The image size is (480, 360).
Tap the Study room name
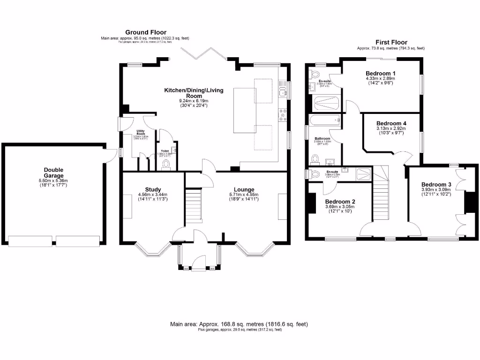pyautogui.click(x=152, y=189)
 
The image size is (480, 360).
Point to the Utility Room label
pyautogui.click(x=140, y=133)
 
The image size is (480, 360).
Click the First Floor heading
pyautogui.click(x=391, y=42)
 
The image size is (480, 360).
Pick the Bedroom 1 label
pyautogui.click(x=380, y=73)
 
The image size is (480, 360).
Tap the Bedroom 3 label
pyautogui.click(x=436, y=184)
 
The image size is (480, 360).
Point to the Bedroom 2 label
pyautogui.click(x=340, y=202)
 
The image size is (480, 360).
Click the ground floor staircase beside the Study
pyautogui.click(x=193, y=205)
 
